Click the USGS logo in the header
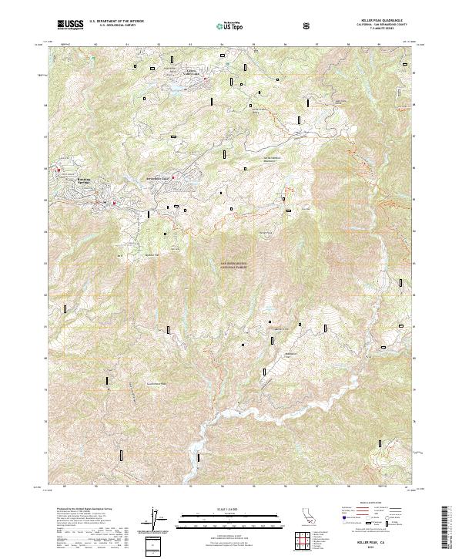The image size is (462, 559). [70, 25]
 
